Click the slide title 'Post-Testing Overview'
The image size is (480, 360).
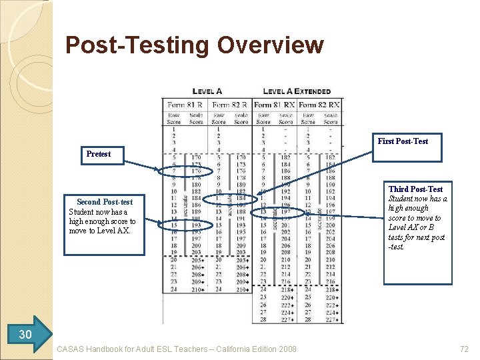pyautogui.click(x=195, y=45)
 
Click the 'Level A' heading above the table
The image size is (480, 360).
pyautogui.click(x=207, y=91)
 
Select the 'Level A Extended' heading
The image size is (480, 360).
pyautogui.click(x=297, y=91)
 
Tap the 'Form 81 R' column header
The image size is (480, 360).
pyautogui.click(x=185, y=105)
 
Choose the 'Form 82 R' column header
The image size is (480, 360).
pyautogui.click(x=230, y=105)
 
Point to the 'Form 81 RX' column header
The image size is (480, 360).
pyautogui.click(x=274, y=105)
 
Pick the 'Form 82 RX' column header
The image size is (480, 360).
pyautogui.click(x=319, y=105)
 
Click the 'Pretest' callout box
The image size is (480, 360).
pyautogui.click(x=99, y=154)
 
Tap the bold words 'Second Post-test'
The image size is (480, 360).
pyautogui.click(x=105, y=202)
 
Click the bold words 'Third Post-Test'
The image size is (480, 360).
pyautogui.click(x=415, y=189)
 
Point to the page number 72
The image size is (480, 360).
pyautogui.click(x=464, y=349)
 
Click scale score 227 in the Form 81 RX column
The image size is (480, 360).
pyautogui.click(x=286, y=318)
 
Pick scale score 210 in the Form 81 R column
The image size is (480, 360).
pyautogui.click(x=197, y=289)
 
